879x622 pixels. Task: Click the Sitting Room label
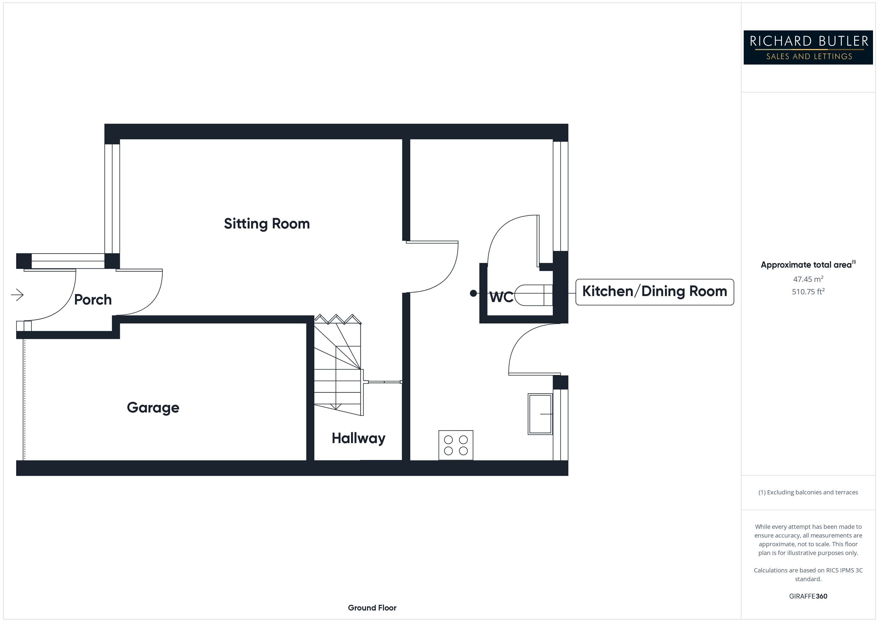click(267, 224)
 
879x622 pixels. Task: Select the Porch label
click(93, 300)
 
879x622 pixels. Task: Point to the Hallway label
click(358, 438)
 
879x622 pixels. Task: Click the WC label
click(501, 297)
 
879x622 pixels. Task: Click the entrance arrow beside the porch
click(17, 295)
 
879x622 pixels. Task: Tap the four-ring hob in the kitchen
click(456, 445)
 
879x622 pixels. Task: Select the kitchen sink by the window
click(540, 414)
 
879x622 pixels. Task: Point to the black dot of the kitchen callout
click(473, 293)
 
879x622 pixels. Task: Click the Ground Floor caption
click(372, 608)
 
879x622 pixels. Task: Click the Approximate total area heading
click(807, 265)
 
